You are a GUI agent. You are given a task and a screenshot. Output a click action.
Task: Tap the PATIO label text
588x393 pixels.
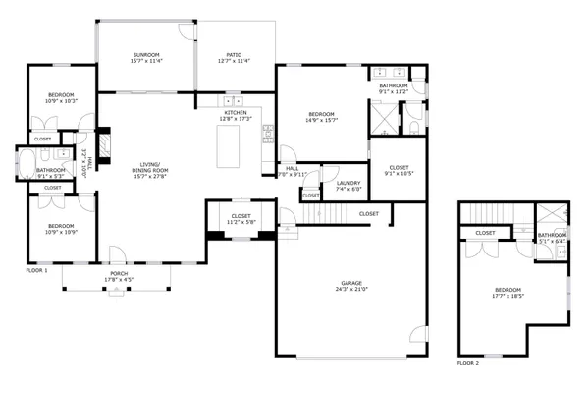click(x=236, y=54)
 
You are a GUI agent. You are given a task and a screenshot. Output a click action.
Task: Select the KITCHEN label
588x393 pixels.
click(x=237, y=114)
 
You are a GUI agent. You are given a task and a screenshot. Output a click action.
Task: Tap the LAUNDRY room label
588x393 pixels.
click(x=348, y=183)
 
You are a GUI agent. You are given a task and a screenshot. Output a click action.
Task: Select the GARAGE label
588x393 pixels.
click(x=350, y=284)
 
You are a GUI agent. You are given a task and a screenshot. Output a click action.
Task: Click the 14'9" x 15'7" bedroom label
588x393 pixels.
click(x=321, y=120)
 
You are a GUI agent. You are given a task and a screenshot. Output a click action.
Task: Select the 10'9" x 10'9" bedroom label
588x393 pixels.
click(x=61, y=233)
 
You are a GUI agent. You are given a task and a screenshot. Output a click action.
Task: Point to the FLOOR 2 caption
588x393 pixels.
click(x=468, y=363)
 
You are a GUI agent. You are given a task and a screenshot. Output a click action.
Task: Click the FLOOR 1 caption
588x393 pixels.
click(x=36, y=269)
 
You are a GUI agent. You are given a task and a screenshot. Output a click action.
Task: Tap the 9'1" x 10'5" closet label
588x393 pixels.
click(x=399, y=168)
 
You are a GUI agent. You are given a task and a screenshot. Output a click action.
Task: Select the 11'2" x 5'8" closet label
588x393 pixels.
click(x=241, y=217)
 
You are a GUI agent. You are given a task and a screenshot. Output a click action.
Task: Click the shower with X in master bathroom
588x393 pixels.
click(x=382, y=120)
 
